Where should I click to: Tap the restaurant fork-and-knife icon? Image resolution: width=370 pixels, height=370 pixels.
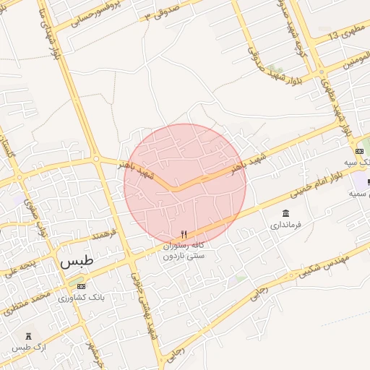pyautogui.click(x=184, y=234)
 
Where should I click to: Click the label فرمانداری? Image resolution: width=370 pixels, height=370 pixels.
pyautogui.click(x=285, y=225)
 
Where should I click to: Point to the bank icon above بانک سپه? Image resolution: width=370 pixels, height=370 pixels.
pyautogui.click(x=359, y=151)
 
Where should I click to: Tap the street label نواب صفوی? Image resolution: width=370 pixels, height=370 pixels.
pyautogui.click(x=35, y=216)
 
